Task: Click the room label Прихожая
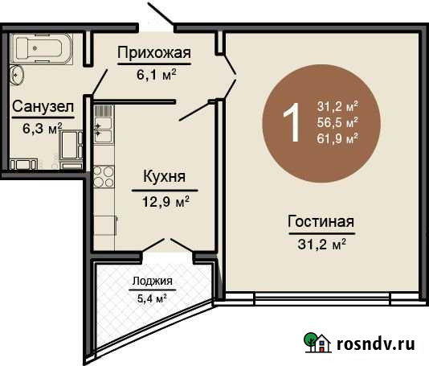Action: point(153,54)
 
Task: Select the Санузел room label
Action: point(43,107)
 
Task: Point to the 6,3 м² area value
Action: point(43,126)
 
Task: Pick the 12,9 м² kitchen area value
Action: point(166,197)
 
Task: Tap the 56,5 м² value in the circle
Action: point(337,122)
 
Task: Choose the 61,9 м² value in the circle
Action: point(337,138)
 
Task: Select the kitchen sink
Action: point(104,130)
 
